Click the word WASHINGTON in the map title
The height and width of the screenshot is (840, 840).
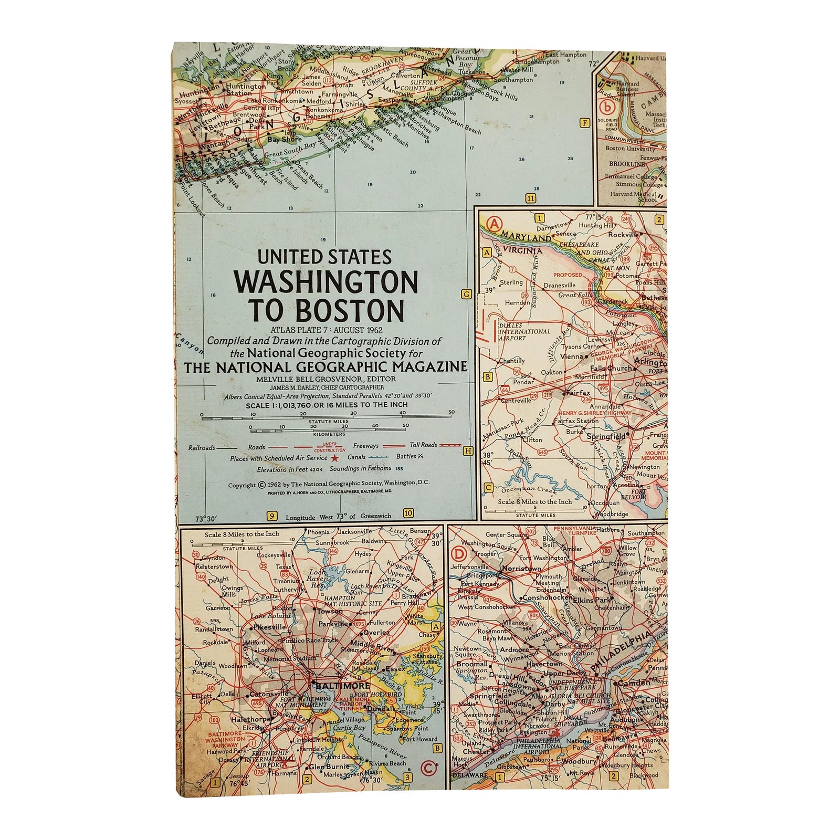(x=325, y=282)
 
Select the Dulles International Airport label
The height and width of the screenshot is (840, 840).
(x=524, y=332)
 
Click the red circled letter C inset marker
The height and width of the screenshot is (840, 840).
(x=428, y=768)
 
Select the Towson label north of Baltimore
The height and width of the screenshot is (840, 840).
(x=330, y=611)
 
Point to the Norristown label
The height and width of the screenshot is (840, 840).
(x=521, y=568)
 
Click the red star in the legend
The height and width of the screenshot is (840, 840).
(x=335, y=458)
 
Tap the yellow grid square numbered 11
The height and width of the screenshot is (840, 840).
(x=531, y=198)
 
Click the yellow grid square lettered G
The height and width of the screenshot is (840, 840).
(x=466, y=294)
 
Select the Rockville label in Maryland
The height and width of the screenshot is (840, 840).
(x=623, y=235)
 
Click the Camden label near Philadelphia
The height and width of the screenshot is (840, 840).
(x=634, y=683)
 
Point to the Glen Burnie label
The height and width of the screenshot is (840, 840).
(x=329, y=766)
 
